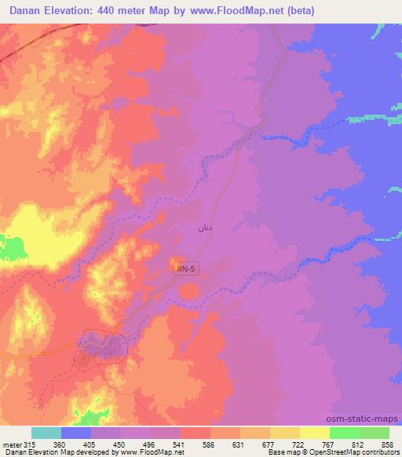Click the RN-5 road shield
click(x=186, y=269)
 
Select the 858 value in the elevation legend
click(x=387, y=443)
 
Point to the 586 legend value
click(x=208, y=443)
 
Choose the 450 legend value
click(x=118, y=443)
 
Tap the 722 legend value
click(x=298, y=443)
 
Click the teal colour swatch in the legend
click(x=46, y=433)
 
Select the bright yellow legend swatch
click(x=315, y=433)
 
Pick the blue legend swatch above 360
click(x=76, y=433)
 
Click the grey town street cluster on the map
click(x=100, y=345)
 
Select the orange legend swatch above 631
click(x=225, y=433)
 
